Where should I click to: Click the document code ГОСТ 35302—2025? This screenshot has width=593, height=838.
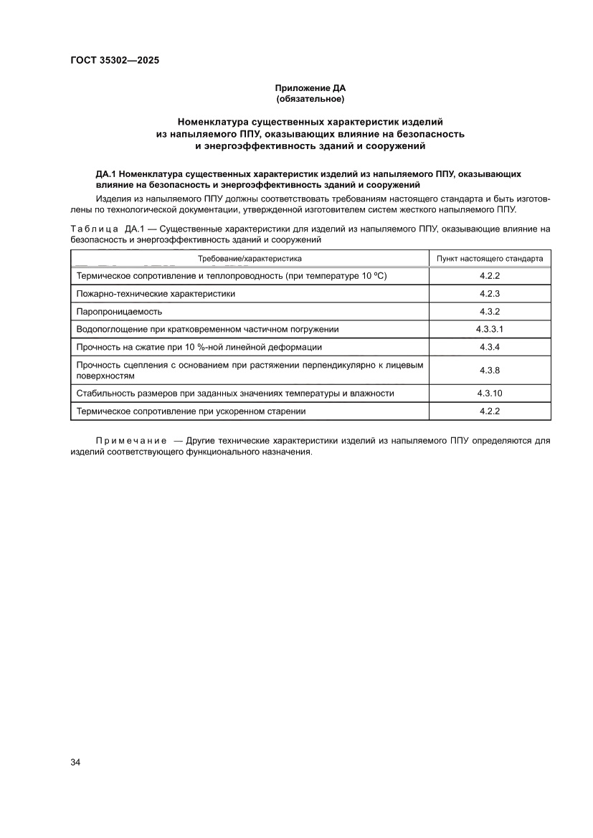tap(115, 60)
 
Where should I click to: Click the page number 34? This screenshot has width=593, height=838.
tap(75, 761)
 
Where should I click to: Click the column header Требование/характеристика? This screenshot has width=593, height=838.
tap(250, 258)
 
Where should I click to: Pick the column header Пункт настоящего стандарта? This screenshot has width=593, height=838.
tap(490, 258)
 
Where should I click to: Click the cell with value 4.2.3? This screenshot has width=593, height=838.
tap(490, 293)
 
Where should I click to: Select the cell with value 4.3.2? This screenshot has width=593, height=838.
tap(490, 311)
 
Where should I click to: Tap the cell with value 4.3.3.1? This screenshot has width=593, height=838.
tap(490, 329)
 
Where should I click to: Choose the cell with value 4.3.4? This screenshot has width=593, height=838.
tap(490, 347)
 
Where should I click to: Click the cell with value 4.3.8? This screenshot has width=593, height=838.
tap(490, 370)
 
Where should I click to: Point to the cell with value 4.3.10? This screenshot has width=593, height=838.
tap(490, 394)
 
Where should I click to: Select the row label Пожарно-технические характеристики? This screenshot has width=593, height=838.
tap(156, 293)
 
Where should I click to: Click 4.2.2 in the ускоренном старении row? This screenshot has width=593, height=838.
tap(490, 411)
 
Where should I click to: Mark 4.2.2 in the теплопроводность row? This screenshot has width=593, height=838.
tap(490, 276)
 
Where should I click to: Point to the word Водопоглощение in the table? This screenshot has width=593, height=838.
tap(111, 329)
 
